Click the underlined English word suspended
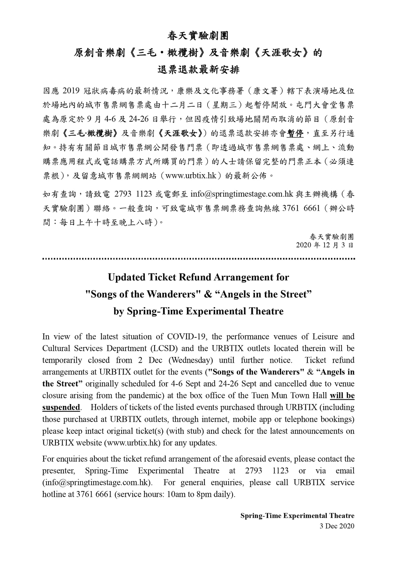[x=61, y=408]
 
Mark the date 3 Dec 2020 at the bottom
[x=337, y=526]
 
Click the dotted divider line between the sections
[x=198, y=259]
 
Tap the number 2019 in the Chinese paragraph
[x=71, y=91]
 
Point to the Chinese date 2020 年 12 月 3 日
[x=325, y=245]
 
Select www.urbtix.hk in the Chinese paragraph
[x=191, y=175]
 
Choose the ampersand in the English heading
[x=208, y=294]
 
